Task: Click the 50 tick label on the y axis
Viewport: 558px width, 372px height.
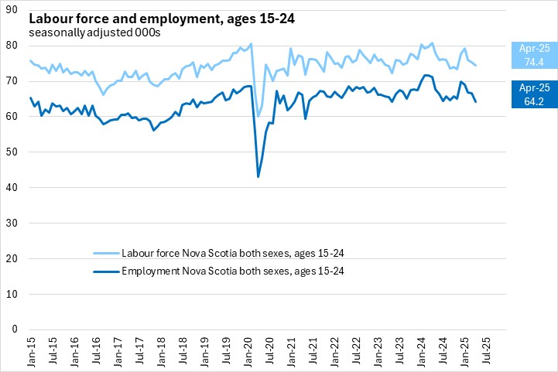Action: tap(17, 152)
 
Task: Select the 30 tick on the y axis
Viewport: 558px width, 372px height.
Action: tap(17, 223)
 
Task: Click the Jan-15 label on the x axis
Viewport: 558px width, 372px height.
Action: tap(31, 350)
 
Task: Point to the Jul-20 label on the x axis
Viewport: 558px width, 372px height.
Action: tap(269, 350)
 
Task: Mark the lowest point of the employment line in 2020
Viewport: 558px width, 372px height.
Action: tap(258, 177)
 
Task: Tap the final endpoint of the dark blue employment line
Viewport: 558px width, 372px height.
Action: tap(475, 101)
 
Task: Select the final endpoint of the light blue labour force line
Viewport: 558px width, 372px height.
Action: tap(475, 65)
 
